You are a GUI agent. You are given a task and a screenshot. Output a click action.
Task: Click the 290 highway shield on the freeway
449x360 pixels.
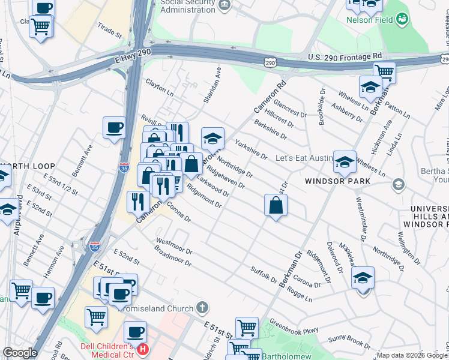click(x=271, y=62)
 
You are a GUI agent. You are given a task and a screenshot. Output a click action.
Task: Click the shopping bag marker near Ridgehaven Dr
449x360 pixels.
click(x=276, y=205)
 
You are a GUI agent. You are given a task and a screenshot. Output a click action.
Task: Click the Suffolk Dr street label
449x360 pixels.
click(x=264, y=275)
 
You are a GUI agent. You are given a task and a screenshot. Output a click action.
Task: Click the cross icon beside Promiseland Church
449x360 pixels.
click(x=203, y=308)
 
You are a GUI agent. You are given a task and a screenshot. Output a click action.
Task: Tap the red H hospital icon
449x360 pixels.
click(x=143, y=349)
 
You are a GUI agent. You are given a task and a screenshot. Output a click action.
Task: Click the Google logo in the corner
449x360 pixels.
click(x=20, y=353)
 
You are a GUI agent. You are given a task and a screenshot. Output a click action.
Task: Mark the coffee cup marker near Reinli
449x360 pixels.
click(x=114, y=127)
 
